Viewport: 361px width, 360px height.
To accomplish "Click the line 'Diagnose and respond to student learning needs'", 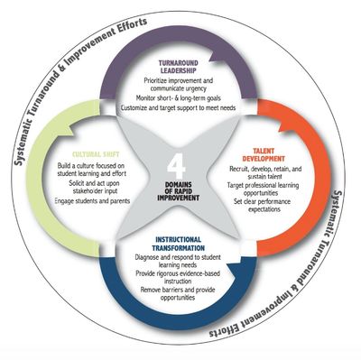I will coord(179,265).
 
